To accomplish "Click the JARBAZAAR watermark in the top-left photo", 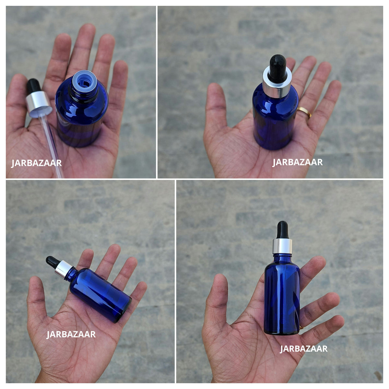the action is (x=36, y=163).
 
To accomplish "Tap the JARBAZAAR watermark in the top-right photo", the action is (x=297, y=162).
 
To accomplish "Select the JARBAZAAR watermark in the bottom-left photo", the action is (x=71, y=334).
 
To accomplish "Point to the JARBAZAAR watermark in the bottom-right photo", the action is (x=304, y=349).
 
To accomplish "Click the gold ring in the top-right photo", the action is (x=304, y=112).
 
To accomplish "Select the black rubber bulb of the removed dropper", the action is (x=33, y=86).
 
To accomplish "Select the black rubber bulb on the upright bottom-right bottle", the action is (x=282, y=230).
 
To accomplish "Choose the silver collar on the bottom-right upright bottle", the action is (x=282, y=246).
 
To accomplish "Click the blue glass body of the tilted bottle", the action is (x=99, y=294).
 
